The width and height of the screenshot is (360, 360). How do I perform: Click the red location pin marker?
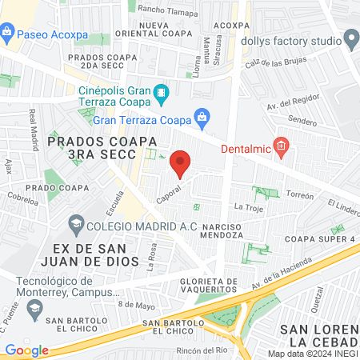[180, 163]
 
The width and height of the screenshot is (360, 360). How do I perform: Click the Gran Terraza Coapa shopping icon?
[202, 120]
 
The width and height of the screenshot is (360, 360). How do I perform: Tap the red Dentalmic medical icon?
[280, 146]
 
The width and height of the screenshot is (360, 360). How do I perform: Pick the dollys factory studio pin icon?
[351, 39]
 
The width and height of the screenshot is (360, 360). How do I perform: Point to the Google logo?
[26, 350]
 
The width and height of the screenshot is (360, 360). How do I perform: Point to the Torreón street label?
[302, 194]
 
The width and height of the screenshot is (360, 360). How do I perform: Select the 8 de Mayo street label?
[135, 304]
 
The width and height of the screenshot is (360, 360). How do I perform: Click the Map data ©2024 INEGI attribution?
[313, 353]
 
